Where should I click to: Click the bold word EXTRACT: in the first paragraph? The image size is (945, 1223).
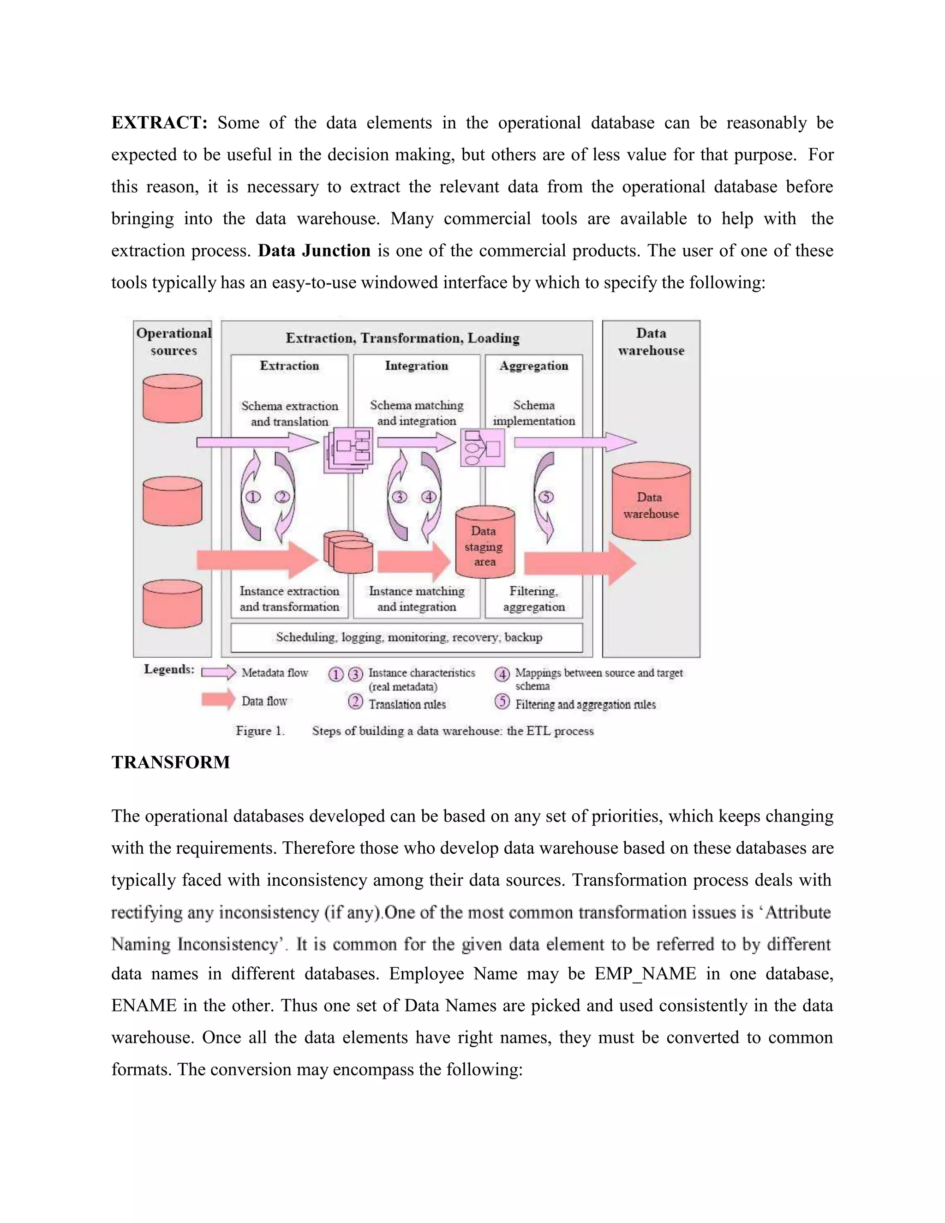pos(160,123)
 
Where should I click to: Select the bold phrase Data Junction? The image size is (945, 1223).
pos(314,250)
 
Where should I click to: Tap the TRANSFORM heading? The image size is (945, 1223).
pos(171,762)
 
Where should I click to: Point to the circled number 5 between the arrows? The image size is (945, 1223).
pos(545,497)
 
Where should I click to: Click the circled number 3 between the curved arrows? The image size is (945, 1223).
pos(399,497)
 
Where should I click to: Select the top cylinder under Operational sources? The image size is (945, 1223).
pos(173,399)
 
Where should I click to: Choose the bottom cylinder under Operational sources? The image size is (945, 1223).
pos(173,604)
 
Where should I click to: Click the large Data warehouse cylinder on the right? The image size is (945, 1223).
pos(651,504)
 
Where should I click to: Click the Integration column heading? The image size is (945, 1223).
pos(417,366)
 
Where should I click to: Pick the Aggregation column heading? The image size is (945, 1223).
pos(533,366)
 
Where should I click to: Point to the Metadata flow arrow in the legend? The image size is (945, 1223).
pos(218,672)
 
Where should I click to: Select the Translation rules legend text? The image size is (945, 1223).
pos(407,704)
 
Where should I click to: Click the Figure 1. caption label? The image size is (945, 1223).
pos(260,731)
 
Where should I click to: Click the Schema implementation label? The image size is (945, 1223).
pos(533,413)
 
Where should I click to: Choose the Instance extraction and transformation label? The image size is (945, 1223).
pos(289,599)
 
